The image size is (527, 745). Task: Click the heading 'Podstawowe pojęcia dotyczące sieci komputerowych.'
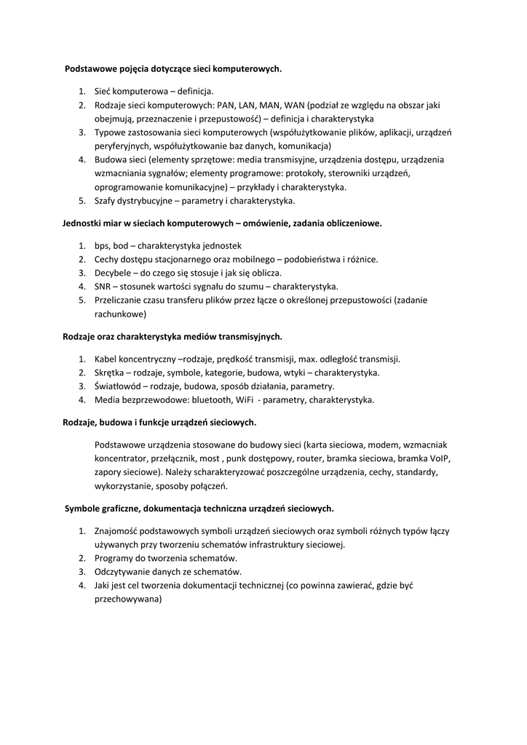[x=173, y=68]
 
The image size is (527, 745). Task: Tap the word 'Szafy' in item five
[x=106, y=200]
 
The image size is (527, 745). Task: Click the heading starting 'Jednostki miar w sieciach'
[x=221, y=223]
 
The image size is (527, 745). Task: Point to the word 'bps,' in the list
[x=104, y=245]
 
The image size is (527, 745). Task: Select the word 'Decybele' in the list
[x=114, y=273]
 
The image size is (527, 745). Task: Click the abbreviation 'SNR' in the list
[x=103, y=287]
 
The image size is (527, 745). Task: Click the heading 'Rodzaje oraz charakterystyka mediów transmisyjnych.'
[x=173, y=337]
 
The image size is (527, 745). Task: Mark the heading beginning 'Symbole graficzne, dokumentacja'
[x=199, y=508]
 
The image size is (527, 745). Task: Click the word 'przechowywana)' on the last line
[x=127, y=599]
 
